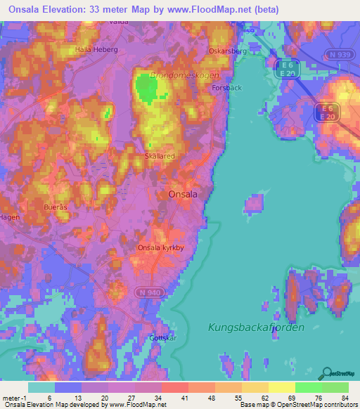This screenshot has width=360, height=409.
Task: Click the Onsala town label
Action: tap(182, 195)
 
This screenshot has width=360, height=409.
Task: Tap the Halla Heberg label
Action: tap(97, 51)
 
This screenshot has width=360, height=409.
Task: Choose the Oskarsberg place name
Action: tap(226, 51)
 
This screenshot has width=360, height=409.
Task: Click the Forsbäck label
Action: tap(226, 89)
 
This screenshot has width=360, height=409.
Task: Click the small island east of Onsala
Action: tap(255, 204)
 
